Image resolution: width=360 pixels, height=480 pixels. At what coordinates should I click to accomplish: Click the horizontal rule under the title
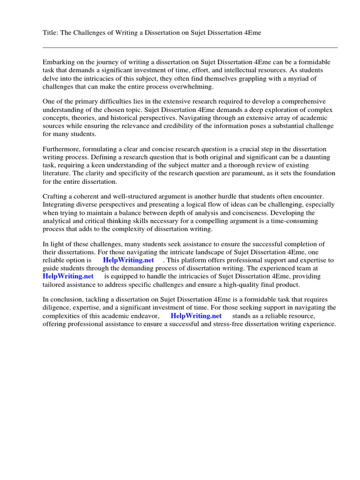point(190,47)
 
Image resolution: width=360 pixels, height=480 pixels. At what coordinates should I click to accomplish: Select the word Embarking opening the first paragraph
point(59,62)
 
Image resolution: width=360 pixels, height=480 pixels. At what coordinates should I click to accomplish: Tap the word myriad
point(306,78)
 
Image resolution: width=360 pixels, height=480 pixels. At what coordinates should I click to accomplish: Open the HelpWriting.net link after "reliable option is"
point(128,260)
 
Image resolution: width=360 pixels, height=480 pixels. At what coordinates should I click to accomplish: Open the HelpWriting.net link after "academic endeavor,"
point(196,316)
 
